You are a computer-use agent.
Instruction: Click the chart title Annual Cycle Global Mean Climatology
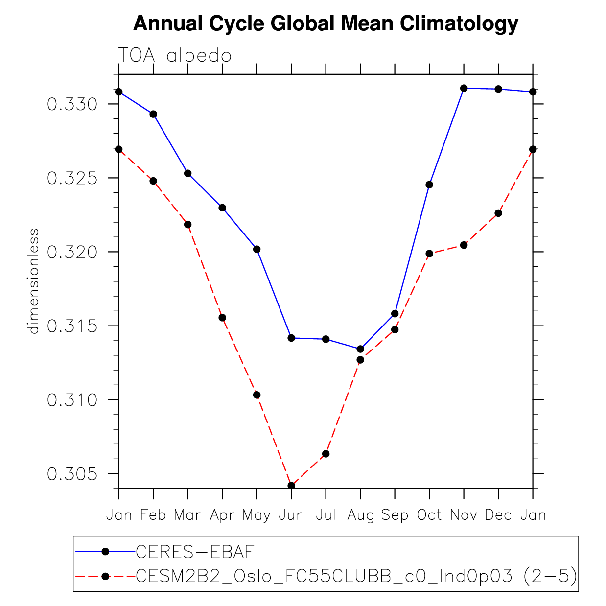pyautogui.click(x=326, y=23)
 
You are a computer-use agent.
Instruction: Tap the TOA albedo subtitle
pyautogui.click(x=175, y=56)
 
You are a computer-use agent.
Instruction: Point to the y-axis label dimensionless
pyautogui.click(x=34, y=281)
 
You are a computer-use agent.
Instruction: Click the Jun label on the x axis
pyautogui.click(x=291, y=515)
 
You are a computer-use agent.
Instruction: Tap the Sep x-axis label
pyautogui.click(x=395, y=515)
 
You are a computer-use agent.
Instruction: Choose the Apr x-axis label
pyautogui.click(x=222, y=515)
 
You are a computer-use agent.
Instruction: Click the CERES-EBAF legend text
pyautogui.click(x=195, y=552)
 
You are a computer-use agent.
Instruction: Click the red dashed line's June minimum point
pyautogui.click(x=291, y=486)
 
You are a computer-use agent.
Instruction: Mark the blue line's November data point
pyautogui.click(x=464, y=88)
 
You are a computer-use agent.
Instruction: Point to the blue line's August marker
pyautogui.click(x=360, y=349)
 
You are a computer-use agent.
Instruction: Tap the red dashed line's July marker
pyautogui.click(x=326, y=454)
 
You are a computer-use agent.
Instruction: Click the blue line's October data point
pyautogui.click(x=429, y=185)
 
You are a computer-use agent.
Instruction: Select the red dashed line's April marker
pyautogui.click(x=222, y=318)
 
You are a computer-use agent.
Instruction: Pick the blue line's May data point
pyautogui.click(x=256, y=249)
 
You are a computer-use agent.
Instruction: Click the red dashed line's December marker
pyautogui.click(x=498, y=213)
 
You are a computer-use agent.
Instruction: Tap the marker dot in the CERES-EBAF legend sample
pyautogui.click(x=105, y=552)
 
